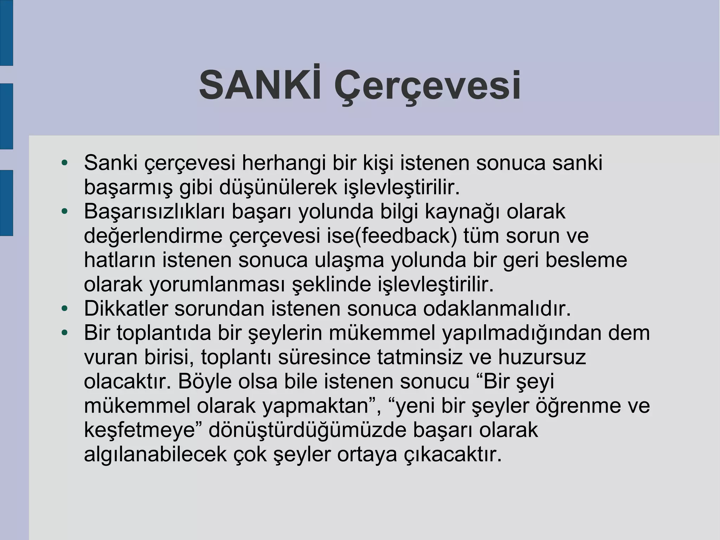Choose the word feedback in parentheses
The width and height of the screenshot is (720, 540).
click(406, 236)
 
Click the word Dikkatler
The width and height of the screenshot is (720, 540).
click(126, 309)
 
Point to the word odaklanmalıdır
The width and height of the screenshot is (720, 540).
click(497, 309)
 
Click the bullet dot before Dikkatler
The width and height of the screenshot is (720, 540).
click(64, 309)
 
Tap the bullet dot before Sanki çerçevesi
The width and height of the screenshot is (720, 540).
click(64, 163)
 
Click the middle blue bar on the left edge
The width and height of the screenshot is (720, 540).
click(6, 116)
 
